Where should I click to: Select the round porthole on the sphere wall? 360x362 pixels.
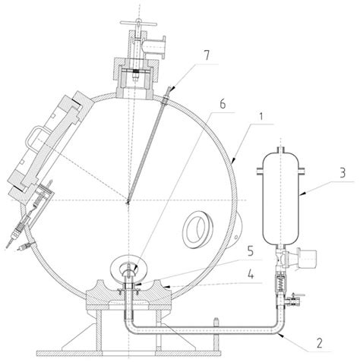(199, 226)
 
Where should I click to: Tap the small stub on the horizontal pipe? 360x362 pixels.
(218, 324)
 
